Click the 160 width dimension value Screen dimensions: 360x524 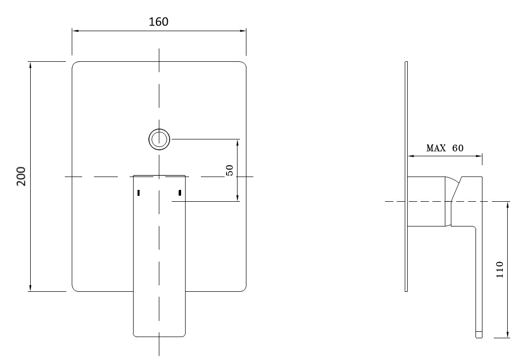pos(158,22)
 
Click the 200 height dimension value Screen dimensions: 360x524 pos(21,176)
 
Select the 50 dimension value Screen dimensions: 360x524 pos(230,170)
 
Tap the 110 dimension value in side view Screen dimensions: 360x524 pos(499,270)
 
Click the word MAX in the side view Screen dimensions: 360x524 pos(436,148)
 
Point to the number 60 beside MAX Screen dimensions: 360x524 pos(458,148)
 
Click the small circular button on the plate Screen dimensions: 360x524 pos(159,139)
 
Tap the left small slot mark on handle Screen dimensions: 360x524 pos(139,192)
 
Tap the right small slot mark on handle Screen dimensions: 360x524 pos(180,192)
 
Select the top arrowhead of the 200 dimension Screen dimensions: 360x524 pos(31,65)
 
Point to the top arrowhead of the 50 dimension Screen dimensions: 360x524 pos(238,142)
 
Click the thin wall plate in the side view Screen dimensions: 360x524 pos(406,176)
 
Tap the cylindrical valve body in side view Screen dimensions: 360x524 pos(428,201)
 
